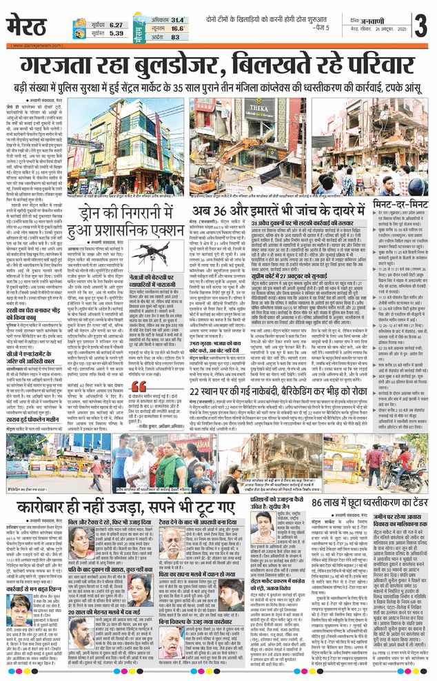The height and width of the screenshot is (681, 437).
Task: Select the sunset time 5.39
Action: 115,33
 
